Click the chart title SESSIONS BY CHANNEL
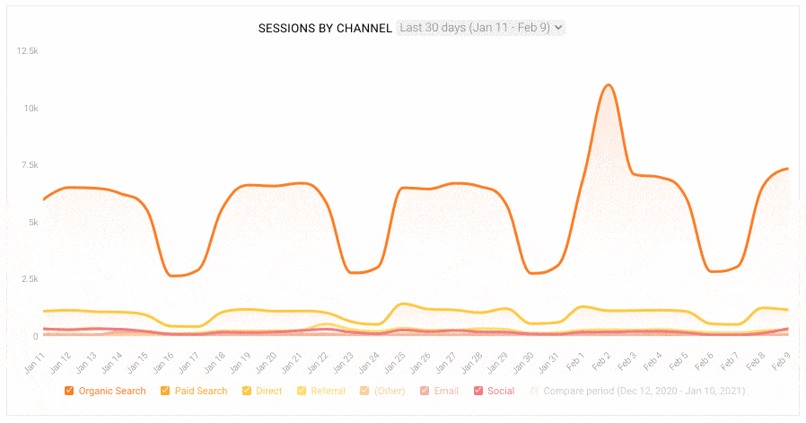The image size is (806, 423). [325, 28]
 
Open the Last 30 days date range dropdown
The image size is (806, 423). [481, 28]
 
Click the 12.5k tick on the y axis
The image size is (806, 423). [27, 51]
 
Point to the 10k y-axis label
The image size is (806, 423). [31, 108]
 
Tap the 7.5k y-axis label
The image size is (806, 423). [28, 165]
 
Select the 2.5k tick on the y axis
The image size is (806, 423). [28, 279]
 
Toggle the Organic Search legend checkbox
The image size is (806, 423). [70, 391]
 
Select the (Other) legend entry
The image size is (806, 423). [383, 391]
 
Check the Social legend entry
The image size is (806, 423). [494, 391]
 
